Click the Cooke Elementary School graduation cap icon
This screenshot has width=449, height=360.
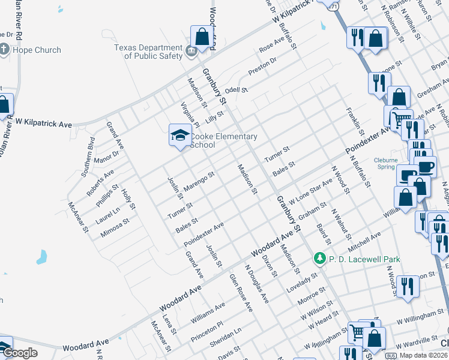point(179,136)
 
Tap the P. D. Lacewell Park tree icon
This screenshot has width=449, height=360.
point(320,258)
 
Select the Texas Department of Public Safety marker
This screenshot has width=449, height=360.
point(191,51)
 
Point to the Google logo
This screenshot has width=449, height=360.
point(19,353)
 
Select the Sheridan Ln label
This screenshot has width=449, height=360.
point(225,338)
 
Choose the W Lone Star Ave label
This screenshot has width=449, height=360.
point(310,190)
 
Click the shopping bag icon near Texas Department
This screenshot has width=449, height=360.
point(202,37)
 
